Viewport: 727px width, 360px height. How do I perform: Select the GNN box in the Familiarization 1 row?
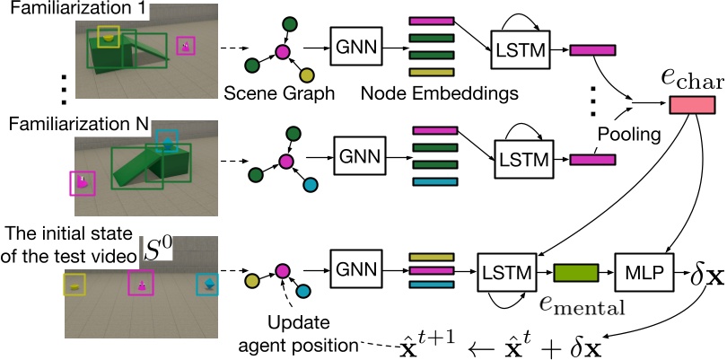pos(354,46)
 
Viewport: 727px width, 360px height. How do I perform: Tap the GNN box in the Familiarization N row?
pos(359,156)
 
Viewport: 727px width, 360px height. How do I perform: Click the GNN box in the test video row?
pos(354,269)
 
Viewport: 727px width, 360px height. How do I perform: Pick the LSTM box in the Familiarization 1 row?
pos(520,49)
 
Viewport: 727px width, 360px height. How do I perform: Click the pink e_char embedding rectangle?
pos(691,104)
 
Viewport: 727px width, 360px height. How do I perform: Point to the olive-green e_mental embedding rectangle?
pos(576,273)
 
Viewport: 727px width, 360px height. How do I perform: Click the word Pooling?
pos(628,135)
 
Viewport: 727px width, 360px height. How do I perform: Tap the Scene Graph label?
pos(279,93)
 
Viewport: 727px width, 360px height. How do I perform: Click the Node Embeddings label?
pos(440,93)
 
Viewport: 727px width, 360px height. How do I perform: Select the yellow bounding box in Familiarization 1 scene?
pos(109,37)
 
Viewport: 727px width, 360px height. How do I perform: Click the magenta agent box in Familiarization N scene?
pos(83,183)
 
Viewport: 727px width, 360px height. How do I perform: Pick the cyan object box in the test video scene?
pos(207,285)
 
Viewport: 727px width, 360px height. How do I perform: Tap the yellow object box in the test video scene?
pos(74,285)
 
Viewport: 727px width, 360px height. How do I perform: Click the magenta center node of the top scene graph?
pos(283,51)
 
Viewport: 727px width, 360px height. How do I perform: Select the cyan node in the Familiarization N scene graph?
pos(311,186)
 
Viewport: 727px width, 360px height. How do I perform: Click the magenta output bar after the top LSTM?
pos(592,50)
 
